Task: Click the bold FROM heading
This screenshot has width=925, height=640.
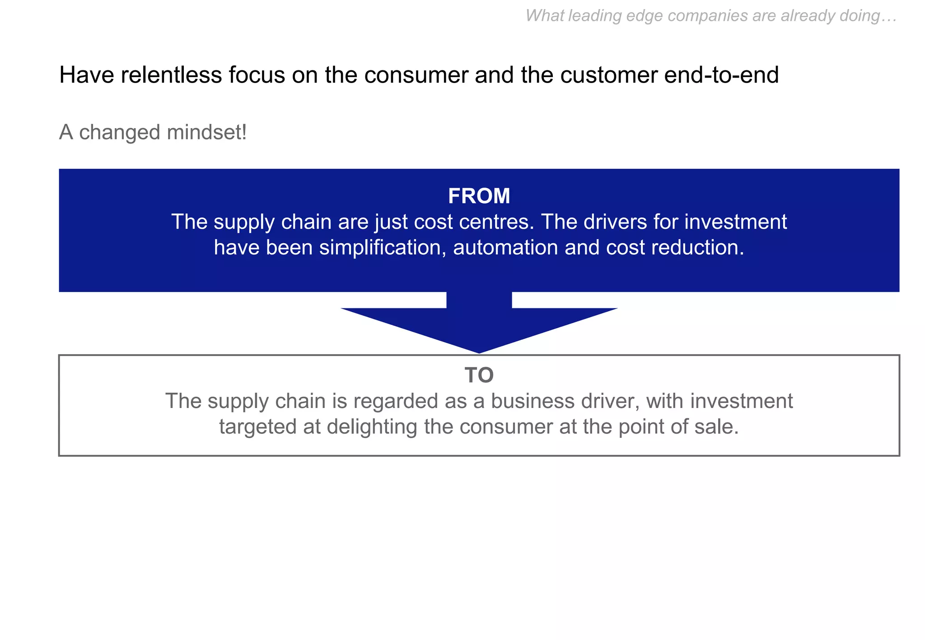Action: click(479, 196)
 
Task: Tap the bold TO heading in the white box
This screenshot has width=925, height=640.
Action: click(479, 375)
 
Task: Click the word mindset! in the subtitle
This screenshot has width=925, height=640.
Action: click(206, 133)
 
